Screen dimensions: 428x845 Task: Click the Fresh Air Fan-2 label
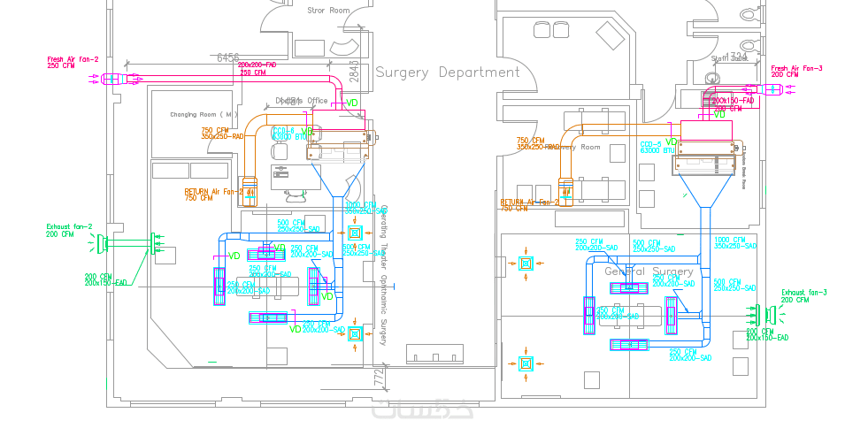[73, 59]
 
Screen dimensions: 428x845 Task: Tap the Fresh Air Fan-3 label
[796, 68]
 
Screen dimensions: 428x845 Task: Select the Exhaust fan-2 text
[69, 226]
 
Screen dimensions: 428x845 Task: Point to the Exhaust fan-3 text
[803, 293]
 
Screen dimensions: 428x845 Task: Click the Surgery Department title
[447, 73]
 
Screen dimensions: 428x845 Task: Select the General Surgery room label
[649, 271]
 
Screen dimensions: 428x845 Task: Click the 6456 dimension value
[228, 57]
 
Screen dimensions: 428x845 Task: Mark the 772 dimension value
[380, 378]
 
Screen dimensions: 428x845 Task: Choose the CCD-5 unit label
[651, 144]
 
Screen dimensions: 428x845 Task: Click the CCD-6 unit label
[282, 131]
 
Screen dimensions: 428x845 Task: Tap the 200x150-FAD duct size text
[734, 101]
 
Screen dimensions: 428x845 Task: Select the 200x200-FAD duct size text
[257, 65]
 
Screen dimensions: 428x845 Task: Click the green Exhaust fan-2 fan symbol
[104, 242]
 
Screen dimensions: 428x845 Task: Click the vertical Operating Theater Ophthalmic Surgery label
[384, 274]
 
